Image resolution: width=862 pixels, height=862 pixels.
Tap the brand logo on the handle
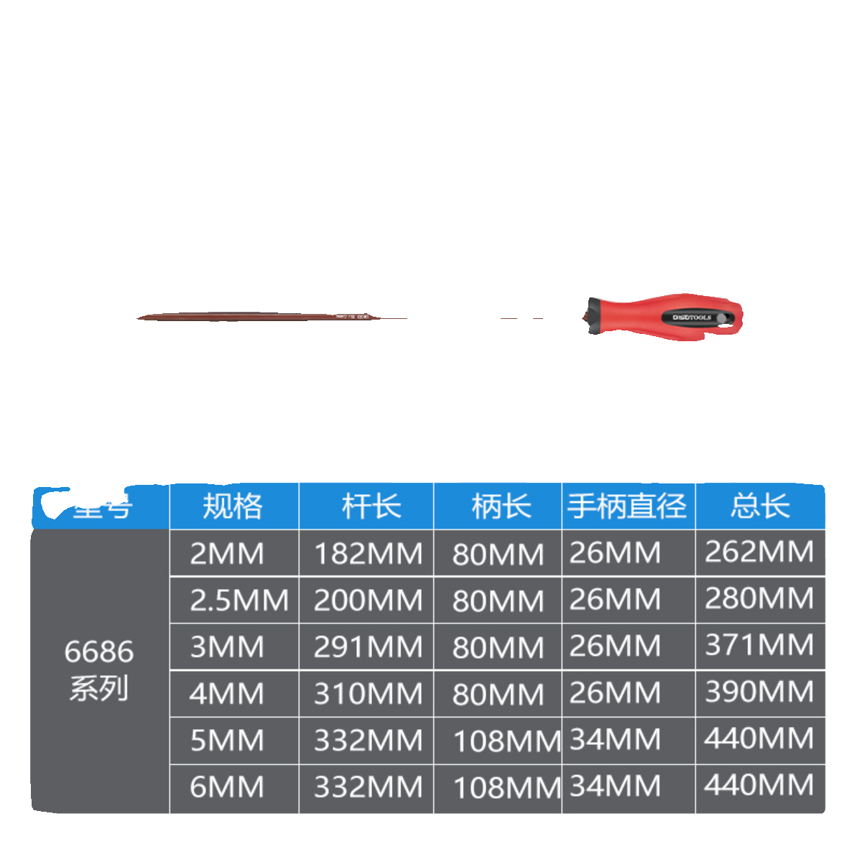click(x=692, y=317)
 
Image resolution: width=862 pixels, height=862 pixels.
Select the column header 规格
click(x=233, y=506)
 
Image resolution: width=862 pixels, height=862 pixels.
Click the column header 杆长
click(x=371, y=506)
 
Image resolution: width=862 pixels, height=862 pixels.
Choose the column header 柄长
click(x=501, y=506)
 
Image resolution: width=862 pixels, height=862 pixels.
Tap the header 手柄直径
click(x=627, y=506)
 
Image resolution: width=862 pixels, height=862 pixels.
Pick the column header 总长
click(x=759, y=506)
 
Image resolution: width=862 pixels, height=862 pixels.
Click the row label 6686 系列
click(x=99, y=669)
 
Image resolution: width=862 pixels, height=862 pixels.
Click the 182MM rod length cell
click(x=368, y=554)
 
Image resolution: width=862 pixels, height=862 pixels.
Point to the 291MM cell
click(x=368, y=647)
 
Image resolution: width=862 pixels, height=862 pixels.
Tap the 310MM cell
click(x=368, y=694)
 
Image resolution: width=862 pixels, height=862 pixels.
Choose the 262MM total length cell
click(x=759, y=552)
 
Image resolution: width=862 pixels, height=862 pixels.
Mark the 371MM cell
click(x=759, y=645)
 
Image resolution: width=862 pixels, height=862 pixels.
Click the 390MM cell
click(x=759, y=692)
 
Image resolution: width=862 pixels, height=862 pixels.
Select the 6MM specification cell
click(x=227, y=787)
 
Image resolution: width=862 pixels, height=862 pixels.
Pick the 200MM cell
click(x=368, y=601)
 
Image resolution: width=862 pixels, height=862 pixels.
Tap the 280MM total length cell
click(x=759, y=598)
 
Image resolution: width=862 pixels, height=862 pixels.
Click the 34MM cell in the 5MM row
click(x=615, y=739)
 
